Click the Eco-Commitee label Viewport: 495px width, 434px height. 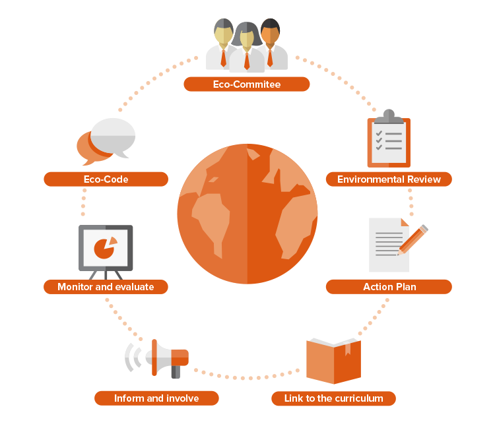pyautogui.click(x=247, y=84)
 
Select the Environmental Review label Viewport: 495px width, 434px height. pyautogui.click(x=389, y=179)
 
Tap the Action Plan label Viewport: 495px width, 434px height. pyautogui.click(x=389, y=287)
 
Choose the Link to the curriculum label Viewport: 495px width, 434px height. pyautogui.click(x=333, y=398)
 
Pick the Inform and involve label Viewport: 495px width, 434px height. pyautogui.click(x=156, y=398)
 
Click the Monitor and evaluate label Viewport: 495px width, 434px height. pyautogui.click(x=106, y=287)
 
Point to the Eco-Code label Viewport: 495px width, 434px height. pyautogui.click(x=106, y=179)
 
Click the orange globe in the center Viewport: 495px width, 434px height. pyautogui.click(x=247, y=214)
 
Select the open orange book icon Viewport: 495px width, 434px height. pyautogui.click(x=333, y=361)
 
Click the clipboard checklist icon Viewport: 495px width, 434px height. pyautogui.click(x=389, y=139)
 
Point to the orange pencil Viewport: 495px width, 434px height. pyautogui.click(x=413, y=239)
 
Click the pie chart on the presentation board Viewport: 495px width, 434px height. pyautogui.click(x=105, y=247)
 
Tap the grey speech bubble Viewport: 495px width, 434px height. pyautogui.click(x=113, y=137)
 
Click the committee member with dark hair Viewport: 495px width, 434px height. pyautogui.click(x=271, y=44)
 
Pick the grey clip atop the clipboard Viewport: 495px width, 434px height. pyautogui.click(x=389, y=116)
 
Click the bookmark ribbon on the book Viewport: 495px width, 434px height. pyautogui.click(x=348, y=349)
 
